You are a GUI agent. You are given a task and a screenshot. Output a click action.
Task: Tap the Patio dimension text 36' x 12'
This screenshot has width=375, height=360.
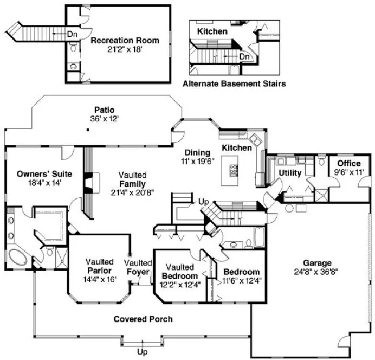105,118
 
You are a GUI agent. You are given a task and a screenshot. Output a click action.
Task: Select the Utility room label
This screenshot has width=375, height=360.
290,172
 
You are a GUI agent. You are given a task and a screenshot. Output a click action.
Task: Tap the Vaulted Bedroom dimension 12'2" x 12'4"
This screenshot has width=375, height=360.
179,285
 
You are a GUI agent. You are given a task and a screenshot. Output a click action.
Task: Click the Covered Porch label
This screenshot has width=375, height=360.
143,319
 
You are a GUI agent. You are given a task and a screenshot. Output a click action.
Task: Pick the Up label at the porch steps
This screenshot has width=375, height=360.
143,352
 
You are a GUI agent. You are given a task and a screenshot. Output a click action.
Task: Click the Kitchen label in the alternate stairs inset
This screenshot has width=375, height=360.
212,31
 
